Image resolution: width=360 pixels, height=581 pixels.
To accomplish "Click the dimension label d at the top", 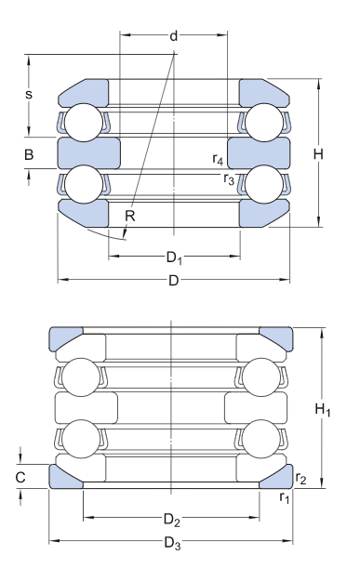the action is (174, 36).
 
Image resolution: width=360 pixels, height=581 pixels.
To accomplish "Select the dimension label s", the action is (29, 95).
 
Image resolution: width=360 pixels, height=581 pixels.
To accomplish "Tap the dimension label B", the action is (29, 154).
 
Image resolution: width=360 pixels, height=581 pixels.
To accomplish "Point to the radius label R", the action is (129, 216).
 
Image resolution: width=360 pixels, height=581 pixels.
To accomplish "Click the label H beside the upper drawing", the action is (318, 153).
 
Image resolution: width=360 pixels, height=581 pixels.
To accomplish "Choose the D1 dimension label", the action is (174, 257).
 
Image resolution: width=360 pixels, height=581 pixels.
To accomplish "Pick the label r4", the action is (218, 159).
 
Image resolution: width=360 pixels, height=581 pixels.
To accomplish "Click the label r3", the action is (229, 179).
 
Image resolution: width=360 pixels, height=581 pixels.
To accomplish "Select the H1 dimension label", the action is (323, 410).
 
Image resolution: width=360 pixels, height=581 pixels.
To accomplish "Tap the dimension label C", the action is (20, 477).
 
